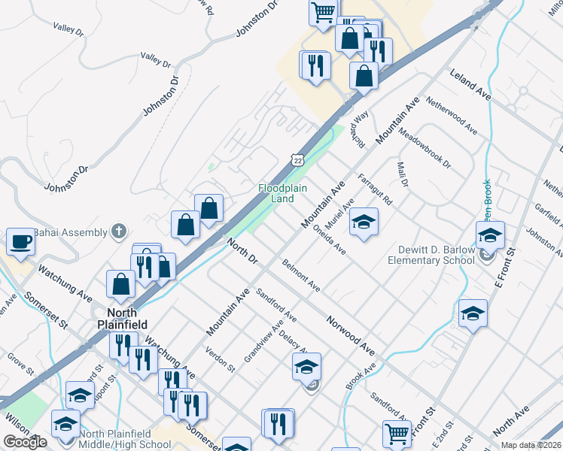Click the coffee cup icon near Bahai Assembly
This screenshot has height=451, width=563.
[20, 242]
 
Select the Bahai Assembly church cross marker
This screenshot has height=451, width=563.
[117, 230]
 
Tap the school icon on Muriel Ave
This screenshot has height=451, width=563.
[364, 222]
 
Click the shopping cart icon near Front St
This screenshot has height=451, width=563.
[396, 431]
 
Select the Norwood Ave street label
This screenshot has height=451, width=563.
[350, 335]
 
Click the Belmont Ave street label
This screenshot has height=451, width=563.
[301, 276]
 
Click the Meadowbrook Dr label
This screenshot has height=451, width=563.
[425, 147]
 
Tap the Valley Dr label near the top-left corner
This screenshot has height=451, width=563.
[68, 29]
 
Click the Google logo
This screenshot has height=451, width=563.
[25, 442]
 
